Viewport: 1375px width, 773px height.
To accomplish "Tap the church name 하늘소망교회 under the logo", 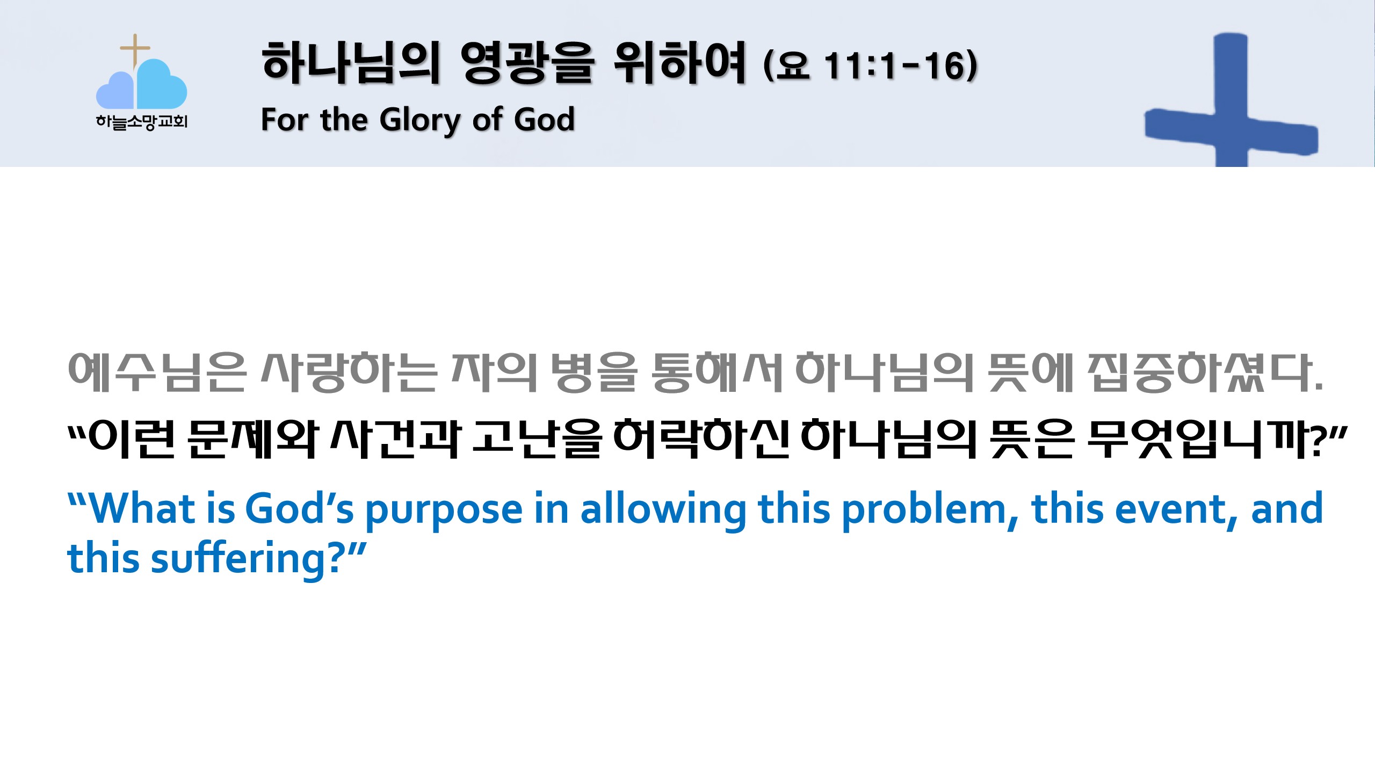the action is pyautogui.click(x=142, y=122).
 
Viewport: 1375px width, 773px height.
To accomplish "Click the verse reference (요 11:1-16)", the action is pyautogui.click(x=870, y=65).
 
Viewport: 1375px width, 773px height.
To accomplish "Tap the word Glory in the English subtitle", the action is pyautogui.click(x=420, y=120).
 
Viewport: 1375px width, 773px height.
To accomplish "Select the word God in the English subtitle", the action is pyautogui.click(x=544, y=119).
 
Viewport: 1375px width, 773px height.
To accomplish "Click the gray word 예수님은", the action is pyautogui.click(x=157, y=372).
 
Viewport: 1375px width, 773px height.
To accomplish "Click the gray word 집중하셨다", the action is pyautogui.click(x=1205, y=372).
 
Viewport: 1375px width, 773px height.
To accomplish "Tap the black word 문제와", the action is pyautogui.click(x=254, y=439).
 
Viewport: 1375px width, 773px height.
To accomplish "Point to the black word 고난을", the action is pyautogui.click(x=537, y=439).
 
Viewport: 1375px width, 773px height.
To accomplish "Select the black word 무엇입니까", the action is pyautogui.click(x=1198, y=439).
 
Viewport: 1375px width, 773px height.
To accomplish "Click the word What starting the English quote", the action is pyautogui.click(x=141, y=508).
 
